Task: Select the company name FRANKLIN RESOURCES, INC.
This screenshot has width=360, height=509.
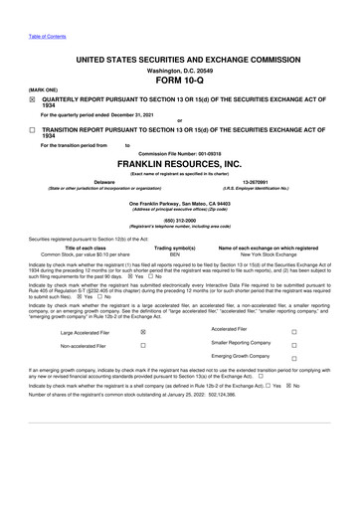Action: pos(180,164)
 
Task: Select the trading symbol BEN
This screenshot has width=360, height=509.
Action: pos(175,255)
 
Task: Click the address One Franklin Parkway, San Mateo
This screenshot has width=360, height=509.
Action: pos(180,202)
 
